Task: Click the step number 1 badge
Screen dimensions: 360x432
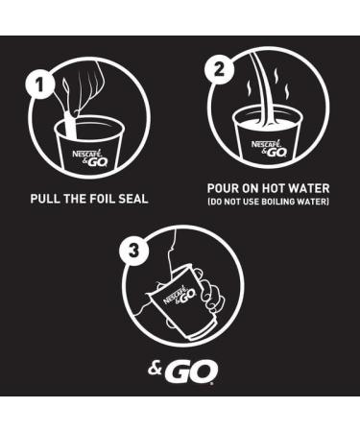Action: pyautogui.click(x=39, y=85)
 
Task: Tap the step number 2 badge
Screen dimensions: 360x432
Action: pyautogui.click(x=219, y=70)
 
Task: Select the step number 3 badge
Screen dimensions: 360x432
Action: pyautogui.click(x=134, y=251)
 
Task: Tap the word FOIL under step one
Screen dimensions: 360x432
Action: pyautogui.click(x=102, y=199)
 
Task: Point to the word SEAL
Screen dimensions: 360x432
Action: pyautogui.click(x=133, y=199)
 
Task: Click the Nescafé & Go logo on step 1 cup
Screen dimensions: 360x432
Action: pyautogui.click(x=90, y=158)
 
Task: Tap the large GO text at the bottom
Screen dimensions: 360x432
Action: pyautogui.click(x=191, y=372)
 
